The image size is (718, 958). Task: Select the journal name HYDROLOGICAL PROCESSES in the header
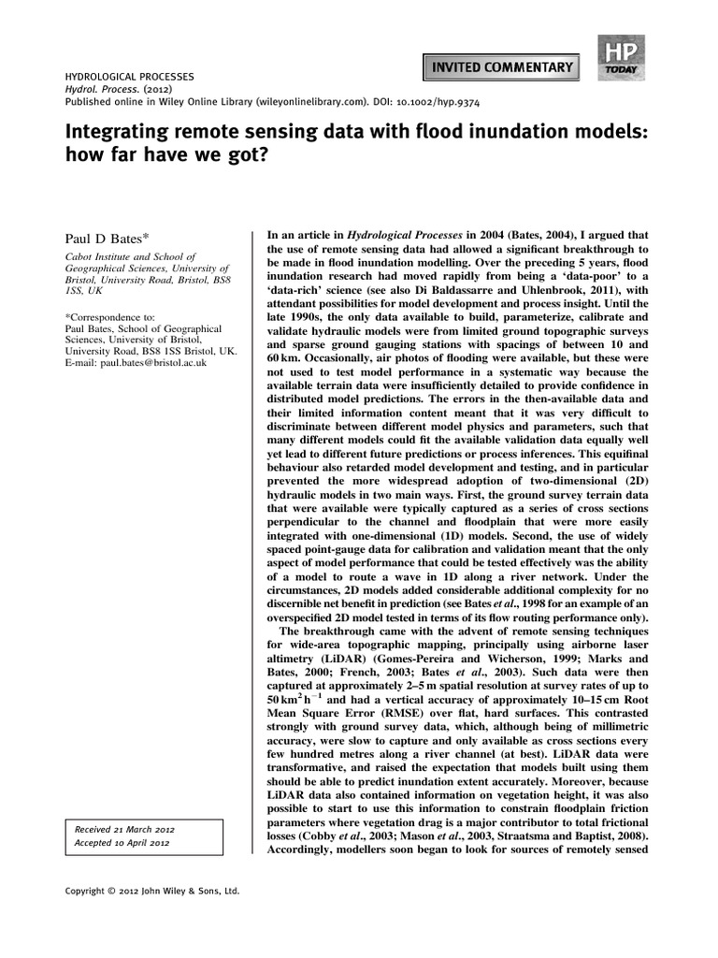(x=129, y=73)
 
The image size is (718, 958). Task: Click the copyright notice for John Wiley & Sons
(x=151, y=892)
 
